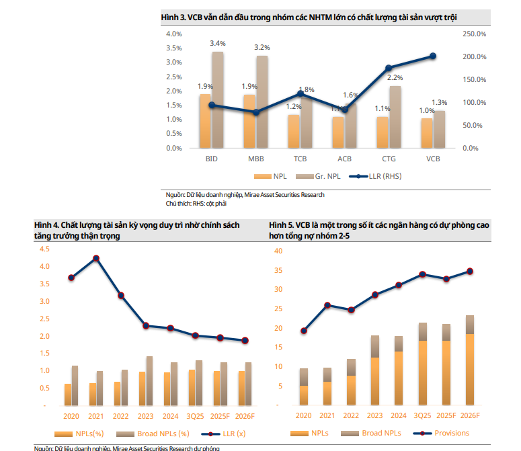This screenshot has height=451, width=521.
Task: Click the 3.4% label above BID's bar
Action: [x=217, y=43]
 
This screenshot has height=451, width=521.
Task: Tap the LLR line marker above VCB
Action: [x=433, y=56]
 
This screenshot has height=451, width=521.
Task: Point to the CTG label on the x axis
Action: [x=389, y=159]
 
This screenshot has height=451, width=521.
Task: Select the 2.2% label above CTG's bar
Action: [x=395, y=78]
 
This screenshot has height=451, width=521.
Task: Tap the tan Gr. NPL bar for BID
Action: [x=218, y=99]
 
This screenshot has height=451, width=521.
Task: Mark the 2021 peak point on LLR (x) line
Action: [x=96, y=258]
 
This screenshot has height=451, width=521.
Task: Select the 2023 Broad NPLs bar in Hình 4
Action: [x=149, y=380]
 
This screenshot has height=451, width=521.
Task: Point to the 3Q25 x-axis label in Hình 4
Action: [x=195, y=417]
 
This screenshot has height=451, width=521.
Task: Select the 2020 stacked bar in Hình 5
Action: [x=304, y=386]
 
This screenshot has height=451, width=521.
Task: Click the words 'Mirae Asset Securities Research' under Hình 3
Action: [x=288, y=195]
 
